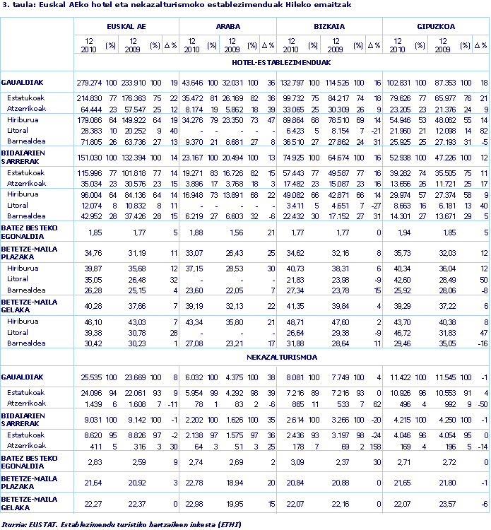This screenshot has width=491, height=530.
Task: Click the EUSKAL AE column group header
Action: click(x=126, y=26)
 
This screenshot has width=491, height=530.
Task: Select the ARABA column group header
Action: click(x=227, y=26)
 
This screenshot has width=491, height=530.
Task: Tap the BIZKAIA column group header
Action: click(x=329, y=26)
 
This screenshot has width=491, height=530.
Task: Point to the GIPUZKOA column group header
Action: click(x=435, y=26)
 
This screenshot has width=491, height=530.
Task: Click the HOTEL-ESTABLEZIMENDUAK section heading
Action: click(x=281, y=62)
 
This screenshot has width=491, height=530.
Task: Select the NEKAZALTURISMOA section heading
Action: click(x=281, y=357)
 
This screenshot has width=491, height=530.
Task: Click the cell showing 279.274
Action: click(x=89, y=83)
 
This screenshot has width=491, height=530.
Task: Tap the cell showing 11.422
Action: click(x=400, y=378)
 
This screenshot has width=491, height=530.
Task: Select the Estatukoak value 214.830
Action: click(x=89, y=98)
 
